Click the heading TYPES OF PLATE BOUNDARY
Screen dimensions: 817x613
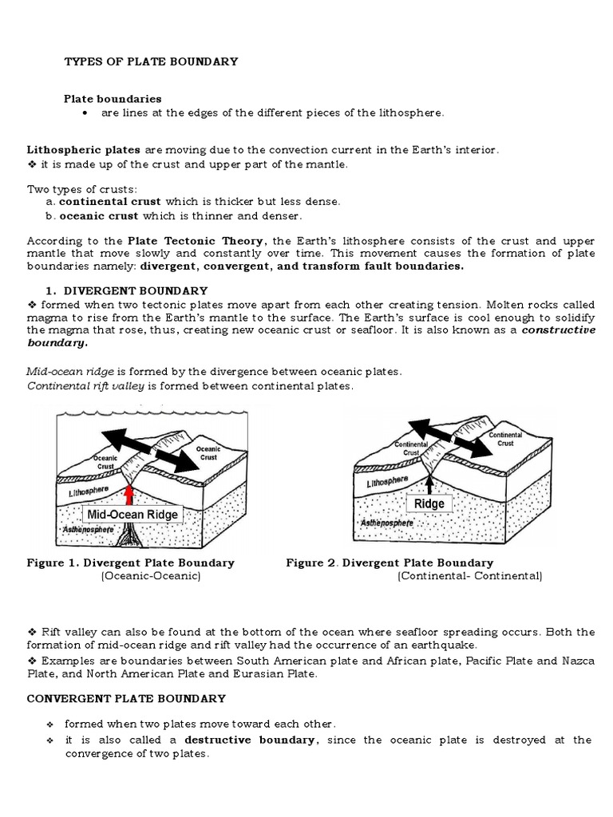click(151, 61)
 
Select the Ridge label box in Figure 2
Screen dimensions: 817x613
click(429, 503)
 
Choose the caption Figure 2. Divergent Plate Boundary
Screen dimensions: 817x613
click(390, 562)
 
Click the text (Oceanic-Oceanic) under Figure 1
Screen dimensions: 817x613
click(150, 575)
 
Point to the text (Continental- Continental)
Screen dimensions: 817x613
click(469, 575)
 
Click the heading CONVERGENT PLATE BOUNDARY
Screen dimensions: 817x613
click(126, 698)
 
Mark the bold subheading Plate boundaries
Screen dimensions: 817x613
click(113, 99)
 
